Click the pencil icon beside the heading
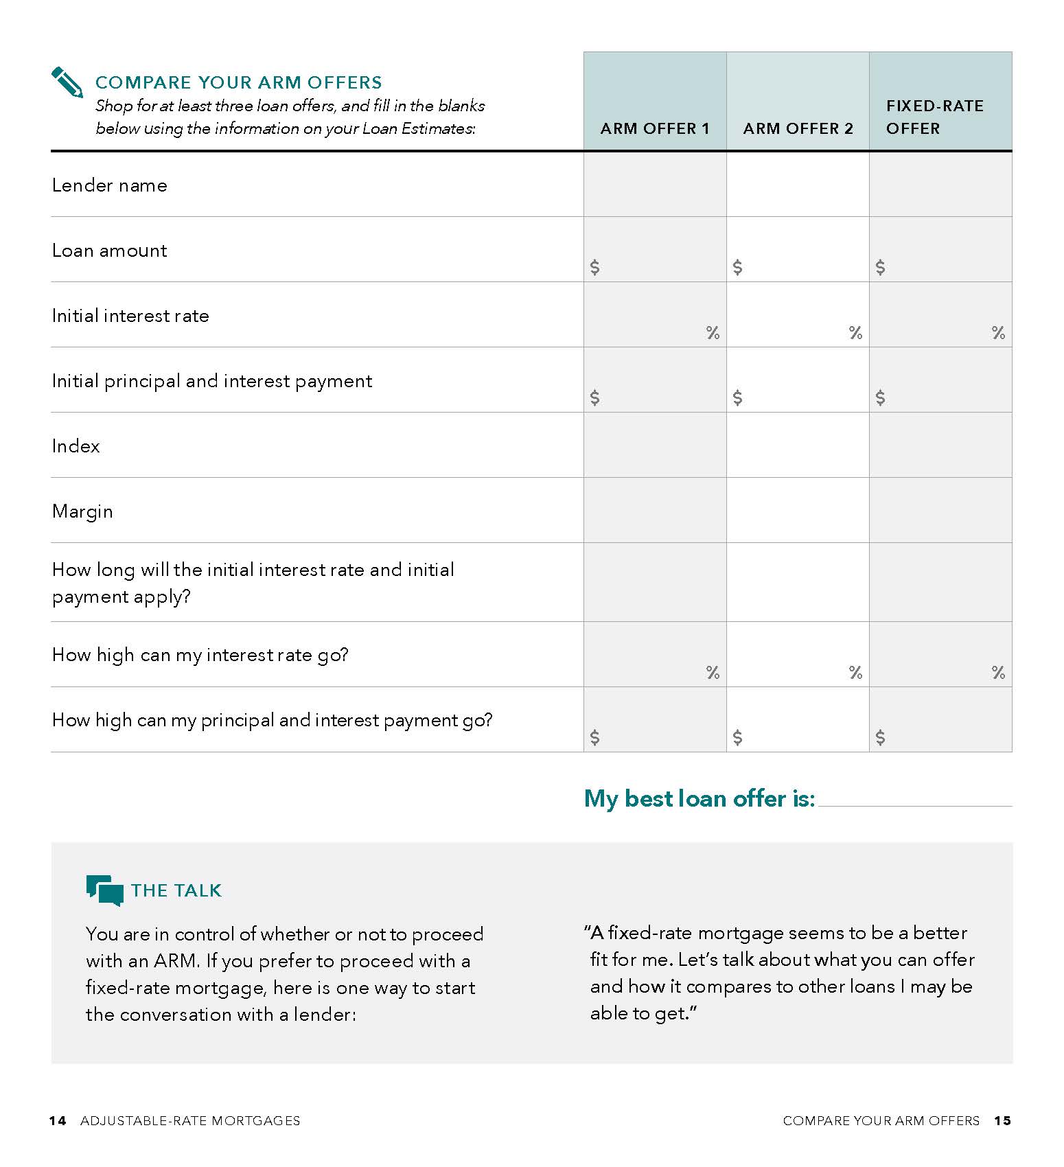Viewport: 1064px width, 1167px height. [x=67, y=82]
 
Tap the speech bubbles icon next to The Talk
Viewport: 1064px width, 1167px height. [x=104, y=890]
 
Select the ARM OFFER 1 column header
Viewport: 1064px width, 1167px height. [x=654, y=128]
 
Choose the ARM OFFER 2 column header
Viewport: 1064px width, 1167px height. [x=798, y=128]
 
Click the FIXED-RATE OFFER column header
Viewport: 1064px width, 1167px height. [x=934, y=117]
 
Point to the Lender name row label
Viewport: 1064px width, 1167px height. [x=110, y=185]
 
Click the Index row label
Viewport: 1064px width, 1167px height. [x=76, y=446]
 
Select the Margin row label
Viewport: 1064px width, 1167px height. [x=82, y=511]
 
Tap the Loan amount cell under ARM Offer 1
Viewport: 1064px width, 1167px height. [x=655, y=250]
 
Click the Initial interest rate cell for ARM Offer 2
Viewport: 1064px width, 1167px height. [x=798, y=315]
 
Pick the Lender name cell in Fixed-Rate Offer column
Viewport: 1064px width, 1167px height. [x=940, y=185]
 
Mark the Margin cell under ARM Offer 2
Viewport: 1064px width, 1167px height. [x=798, y=511]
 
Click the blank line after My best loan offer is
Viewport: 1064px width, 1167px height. [x=915, y=800]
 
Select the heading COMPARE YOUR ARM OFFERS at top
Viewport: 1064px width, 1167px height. [x=238, y=82]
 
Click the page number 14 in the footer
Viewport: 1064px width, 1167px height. [x=58, y=1121]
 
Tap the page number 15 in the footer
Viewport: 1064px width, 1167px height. [x=1002, y=1121]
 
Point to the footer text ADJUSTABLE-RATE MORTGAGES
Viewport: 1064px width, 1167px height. [x=190, y=1121]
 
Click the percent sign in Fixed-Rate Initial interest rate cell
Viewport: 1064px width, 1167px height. [x=998, y=333]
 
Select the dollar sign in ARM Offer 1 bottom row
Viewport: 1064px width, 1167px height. [x=594, y=737]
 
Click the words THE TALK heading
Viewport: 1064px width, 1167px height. [x=176, y=890]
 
